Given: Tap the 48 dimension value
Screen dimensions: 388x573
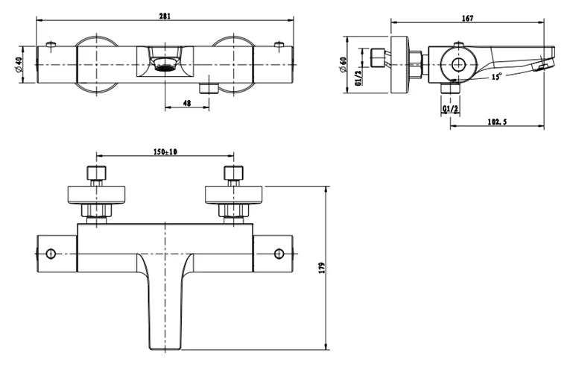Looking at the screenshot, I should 186,104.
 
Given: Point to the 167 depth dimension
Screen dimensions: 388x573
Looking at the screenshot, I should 467,18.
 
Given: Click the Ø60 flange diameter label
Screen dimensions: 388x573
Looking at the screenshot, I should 343,64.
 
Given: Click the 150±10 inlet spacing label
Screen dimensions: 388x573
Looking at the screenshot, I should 165,151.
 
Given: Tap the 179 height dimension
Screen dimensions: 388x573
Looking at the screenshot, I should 321,268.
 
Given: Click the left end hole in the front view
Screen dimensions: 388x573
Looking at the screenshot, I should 51,254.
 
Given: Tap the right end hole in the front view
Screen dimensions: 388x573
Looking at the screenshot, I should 279,254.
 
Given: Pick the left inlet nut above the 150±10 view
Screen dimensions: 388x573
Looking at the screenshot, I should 96,175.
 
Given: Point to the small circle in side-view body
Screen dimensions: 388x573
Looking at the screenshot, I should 458,65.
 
